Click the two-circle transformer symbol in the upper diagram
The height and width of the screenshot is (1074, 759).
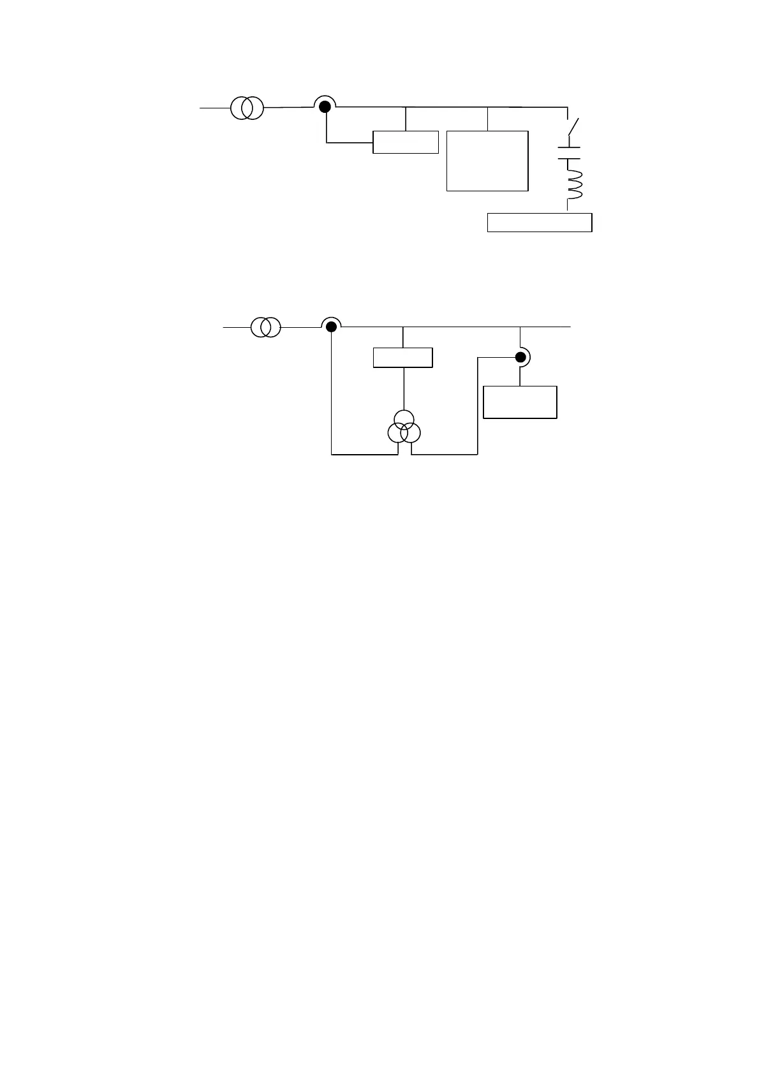[247, 108]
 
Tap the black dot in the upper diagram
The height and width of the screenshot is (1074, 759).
[325, 107]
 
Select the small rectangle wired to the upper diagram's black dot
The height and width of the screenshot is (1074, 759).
[405, 142]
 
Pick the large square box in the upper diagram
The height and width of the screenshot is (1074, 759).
[487, 160]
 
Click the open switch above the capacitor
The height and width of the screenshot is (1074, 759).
[572, 128]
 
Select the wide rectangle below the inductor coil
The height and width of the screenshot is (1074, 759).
[540, 222]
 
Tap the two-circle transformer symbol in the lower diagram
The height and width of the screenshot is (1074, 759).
[265, 327]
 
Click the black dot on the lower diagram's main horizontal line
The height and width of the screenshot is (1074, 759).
[331, 327]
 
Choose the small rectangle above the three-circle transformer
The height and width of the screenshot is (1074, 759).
[402, 357]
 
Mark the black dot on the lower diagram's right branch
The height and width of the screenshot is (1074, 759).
[520, 357]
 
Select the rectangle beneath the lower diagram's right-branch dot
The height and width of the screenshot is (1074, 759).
[520, 402]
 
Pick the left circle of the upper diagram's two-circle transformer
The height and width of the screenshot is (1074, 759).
[241, 108]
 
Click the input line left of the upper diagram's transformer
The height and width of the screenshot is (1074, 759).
[214, 108]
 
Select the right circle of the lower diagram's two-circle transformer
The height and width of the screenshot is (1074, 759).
[271, 327]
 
